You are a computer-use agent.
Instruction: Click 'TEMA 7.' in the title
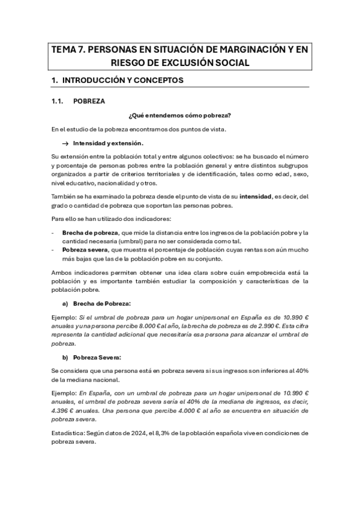[x=68, y=50]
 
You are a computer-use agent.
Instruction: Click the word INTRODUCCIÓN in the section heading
[x=97, y=80]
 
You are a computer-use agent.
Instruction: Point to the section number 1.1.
[x=58, y=101]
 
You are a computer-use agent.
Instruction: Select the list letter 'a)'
[x=65, y=304]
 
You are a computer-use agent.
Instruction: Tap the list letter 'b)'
[x=65, y=357]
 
